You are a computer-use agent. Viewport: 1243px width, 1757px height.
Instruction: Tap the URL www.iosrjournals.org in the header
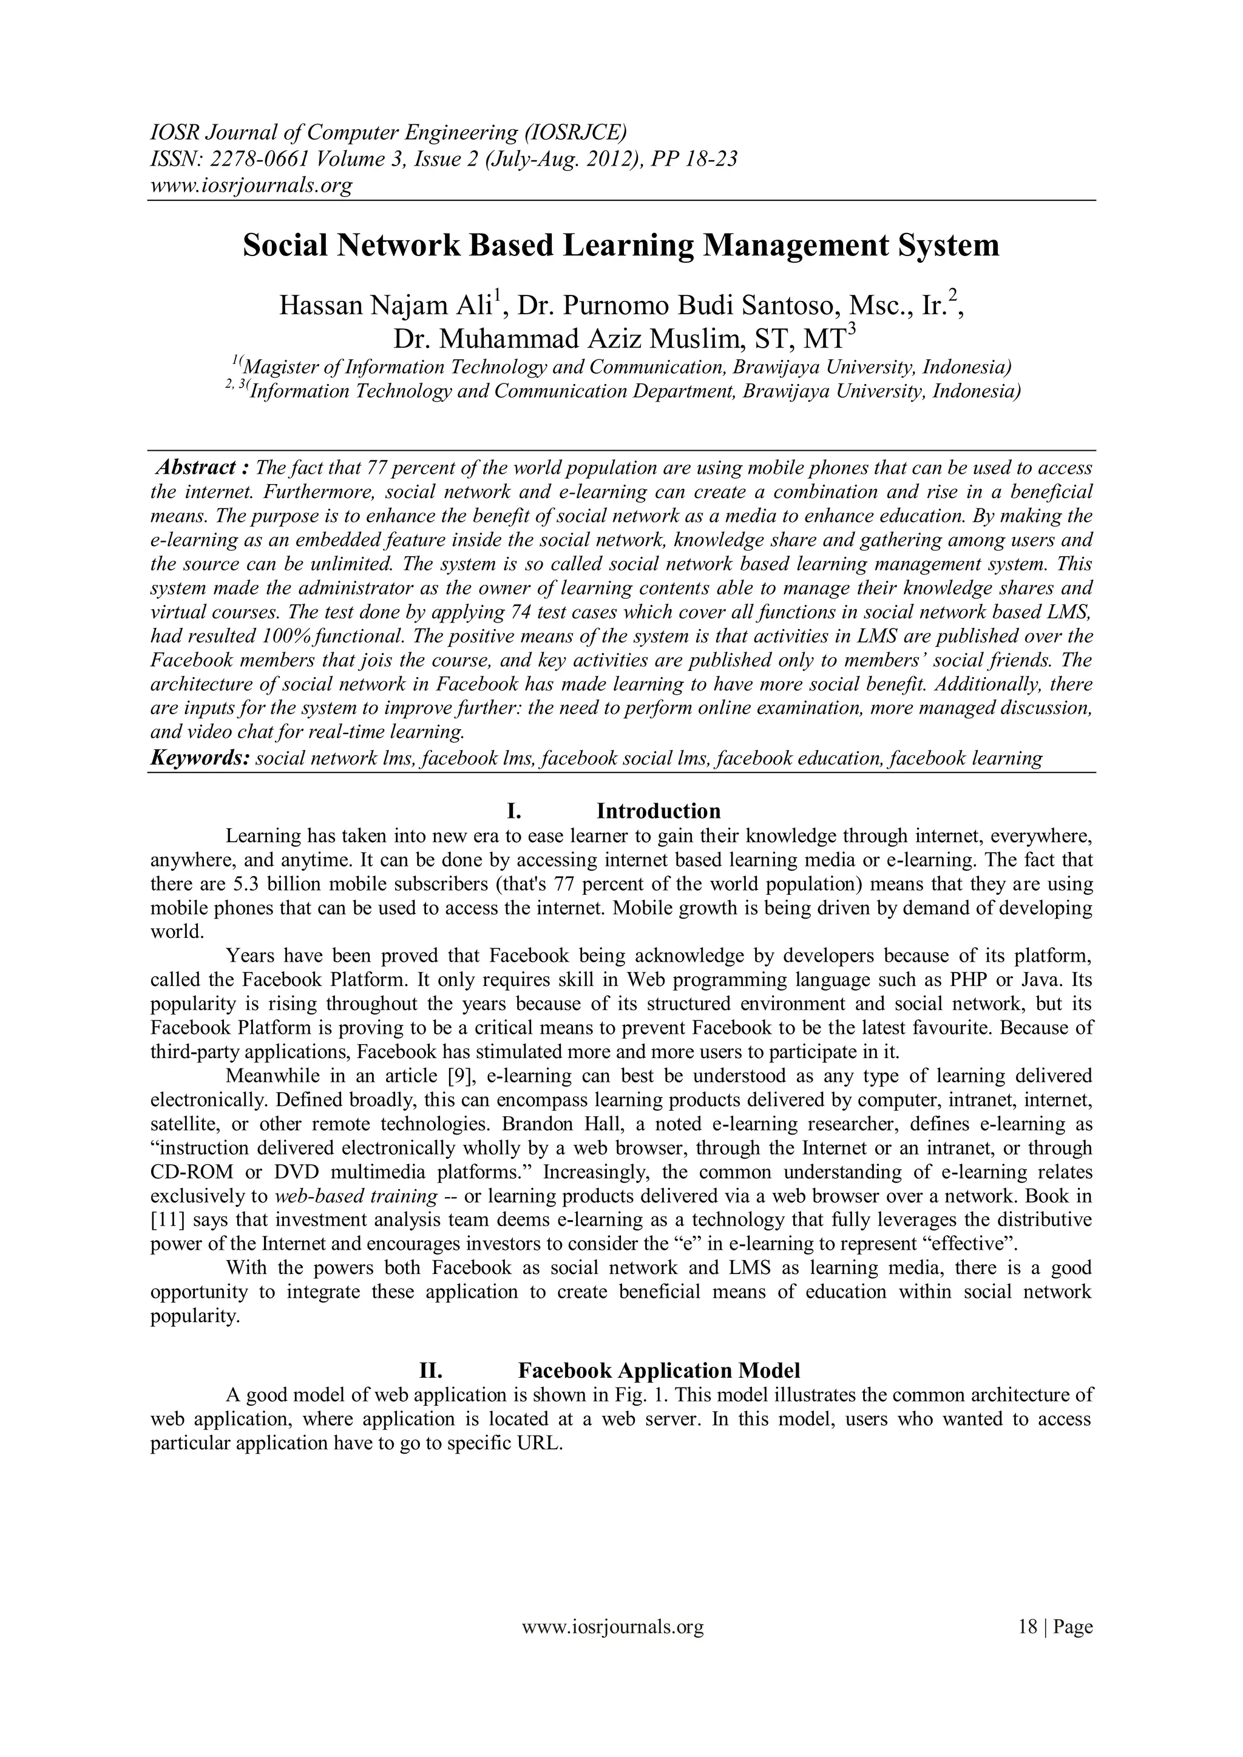coord(250,185)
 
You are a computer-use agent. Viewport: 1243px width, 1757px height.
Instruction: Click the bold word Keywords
coord(199,758)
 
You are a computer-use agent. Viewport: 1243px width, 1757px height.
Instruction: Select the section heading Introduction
coord(659,811)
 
